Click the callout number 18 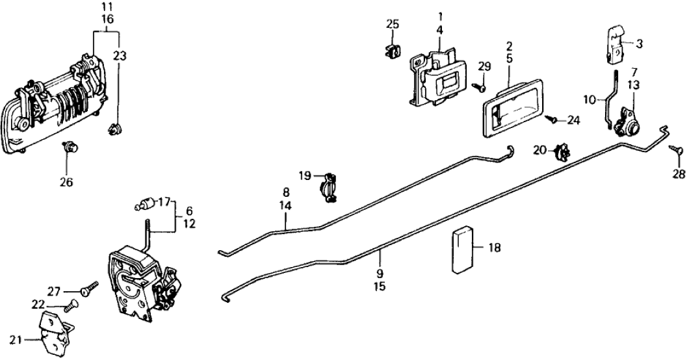point(495,248)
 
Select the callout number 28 point(679,174)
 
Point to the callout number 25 point(392,25)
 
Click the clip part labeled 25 point(391,52)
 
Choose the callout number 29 point(483,66)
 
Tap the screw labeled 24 point(551,119)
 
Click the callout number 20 point(541,149)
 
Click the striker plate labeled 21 point(55,331)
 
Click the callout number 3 point(639,44)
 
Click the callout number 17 point(164,201)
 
